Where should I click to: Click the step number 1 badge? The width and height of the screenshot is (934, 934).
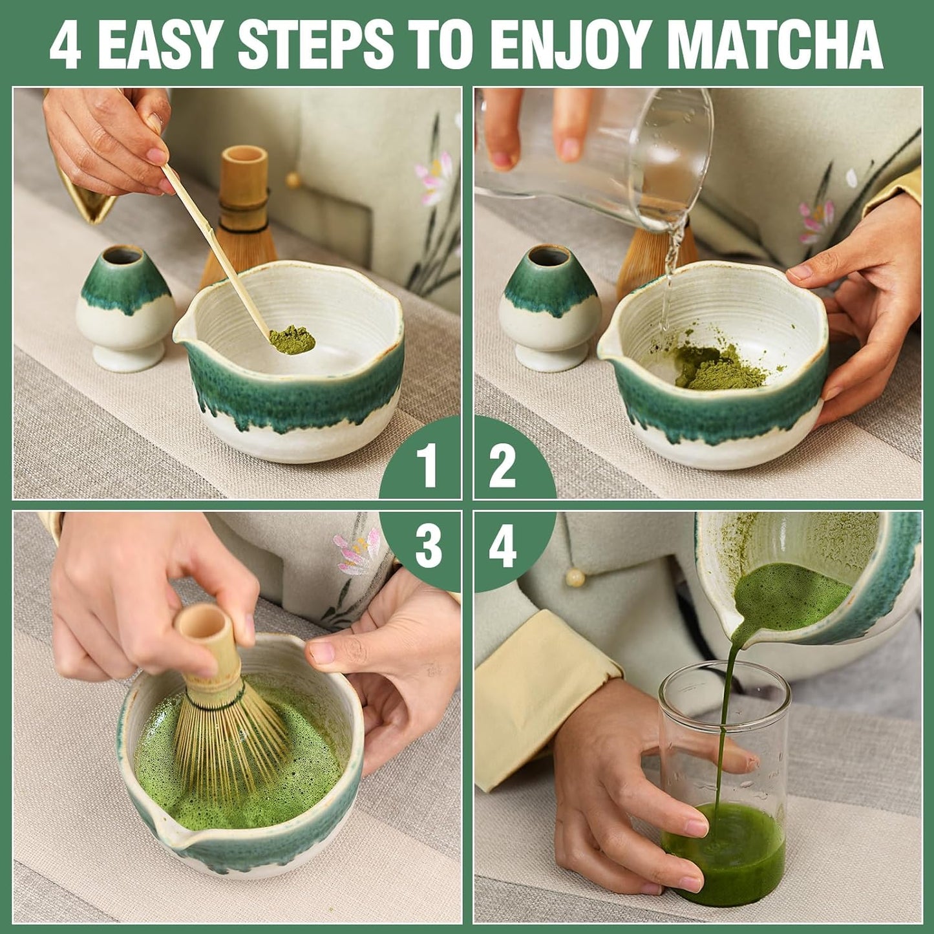pos(425,464)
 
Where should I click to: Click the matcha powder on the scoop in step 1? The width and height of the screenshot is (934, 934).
pos(292,339)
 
